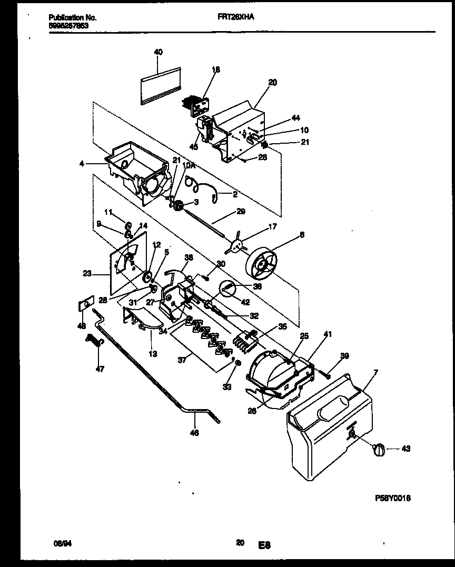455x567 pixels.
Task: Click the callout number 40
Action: tap(158, 52)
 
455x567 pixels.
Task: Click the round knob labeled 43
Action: tap(379, 450)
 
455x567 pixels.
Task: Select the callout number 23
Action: tap(87, 273)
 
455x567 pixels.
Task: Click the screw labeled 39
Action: tap(325, 374)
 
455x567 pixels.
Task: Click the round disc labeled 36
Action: tap(227, 289)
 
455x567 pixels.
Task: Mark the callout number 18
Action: tap(216, 69)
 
